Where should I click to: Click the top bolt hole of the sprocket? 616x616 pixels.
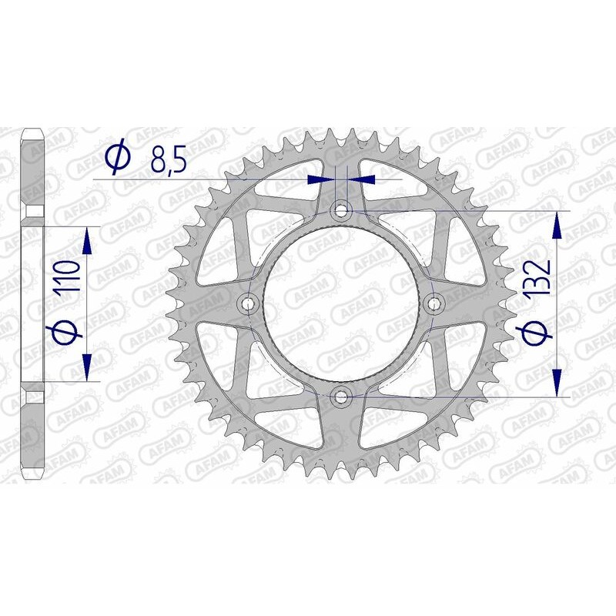click(x=341, y=209)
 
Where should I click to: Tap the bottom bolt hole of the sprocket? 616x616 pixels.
click(x=341, y=397)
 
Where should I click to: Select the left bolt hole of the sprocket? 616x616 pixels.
click(x=248, y=303)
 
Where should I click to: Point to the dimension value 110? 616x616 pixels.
click(x=67, y=284)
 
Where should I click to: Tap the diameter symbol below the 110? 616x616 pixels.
click(x=67, y=333)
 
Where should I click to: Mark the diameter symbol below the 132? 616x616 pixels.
click(x=537, y=333)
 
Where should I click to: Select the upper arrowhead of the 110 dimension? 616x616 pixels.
click(x=87, y=243)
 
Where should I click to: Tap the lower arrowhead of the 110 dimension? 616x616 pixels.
click(x=87, y=365)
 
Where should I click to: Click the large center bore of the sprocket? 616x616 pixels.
click(x=341, y=303)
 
